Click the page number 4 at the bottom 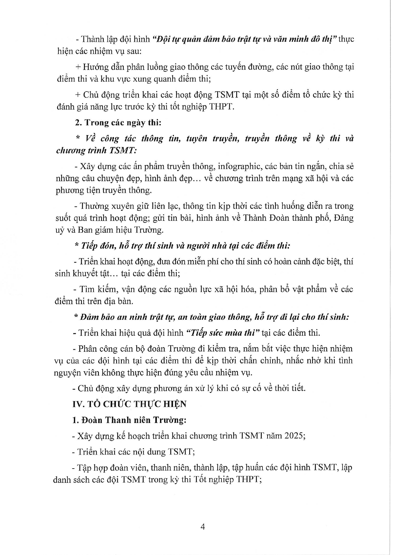pyautogui.click(x=203, y=527)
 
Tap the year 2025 pyautogui.click(x=294, y=436)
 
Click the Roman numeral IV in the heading pyautogui.click(x=78, y=404)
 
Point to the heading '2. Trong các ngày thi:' pyautogui.click(x=118, y=123)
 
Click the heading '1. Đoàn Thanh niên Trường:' pyautogui.click(x=129, y=420)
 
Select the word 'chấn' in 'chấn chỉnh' pyautogui.click(x=248, y=360)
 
